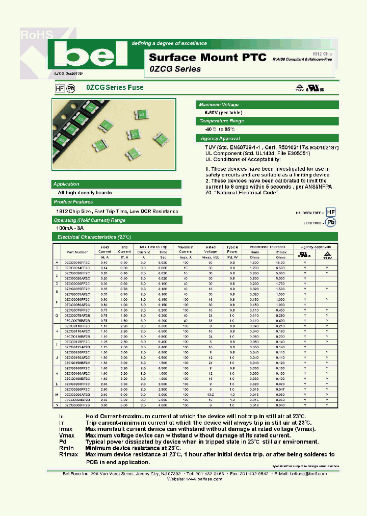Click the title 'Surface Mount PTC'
coord(207,57)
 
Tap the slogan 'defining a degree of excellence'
coord(169,43)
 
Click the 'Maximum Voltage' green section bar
coord(267,105)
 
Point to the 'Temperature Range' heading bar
coord(267,121)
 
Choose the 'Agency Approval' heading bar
coord(267,138)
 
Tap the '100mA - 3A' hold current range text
coord(72,228)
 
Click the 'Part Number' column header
coord(77,251)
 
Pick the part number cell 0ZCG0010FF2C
coord(77,262)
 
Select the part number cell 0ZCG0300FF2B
coord(77,405)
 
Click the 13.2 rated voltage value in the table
coord(211,395)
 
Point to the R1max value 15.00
coord(280,262)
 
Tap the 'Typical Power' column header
coord(232,249)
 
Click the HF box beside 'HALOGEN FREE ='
coord(331,212)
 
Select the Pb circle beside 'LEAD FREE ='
coord(331,222)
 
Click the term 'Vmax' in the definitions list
coord(67,436)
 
